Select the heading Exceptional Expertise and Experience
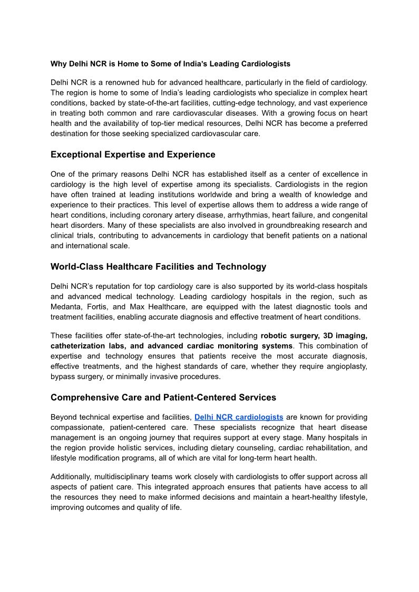tap(133, 154)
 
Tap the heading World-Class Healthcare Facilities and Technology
tap(158, 267)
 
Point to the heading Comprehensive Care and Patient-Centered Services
tap(163, 397)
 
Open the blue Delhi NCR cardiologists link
tap(239, 417)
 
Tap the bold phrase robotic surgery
tap(289, 335)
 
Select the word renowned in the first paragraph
tap(116, 83)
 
